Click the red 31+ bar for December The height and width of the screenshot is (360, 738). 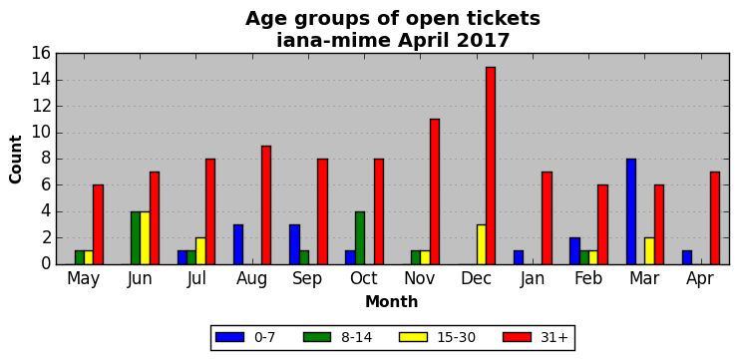[x=491, y=166]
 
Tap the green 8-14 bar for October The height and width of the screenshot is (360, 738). [x=361, y=238]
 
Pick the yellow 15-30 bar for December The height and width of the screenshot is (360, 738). [x=481, y=244]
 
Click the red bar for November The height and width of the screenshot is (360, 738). [x=435, y=192]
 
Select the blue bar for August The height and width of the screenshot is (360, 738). [x=238, y=244]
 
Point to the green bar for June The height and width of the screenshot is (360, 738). [x=136, y=238]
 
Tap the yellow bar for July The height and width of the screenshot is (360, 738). [x=201, y=251]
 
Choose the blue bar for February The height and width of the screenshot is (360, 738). [x=574, y=251]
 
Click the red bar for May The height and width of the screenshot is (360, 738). [x=98, y=225]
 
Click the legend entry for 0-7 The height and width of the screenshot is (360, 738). [x=245, y=337]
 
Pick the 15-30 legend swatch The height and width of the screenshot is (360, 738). [x=414, y=337]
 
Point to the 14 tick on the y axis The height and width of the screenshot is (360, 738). [x=42, y=81]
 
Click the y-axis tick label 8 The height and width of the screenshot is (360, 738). [x=46, y=160]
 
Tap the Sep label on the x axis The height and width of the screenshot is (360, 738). [x=308, y=278]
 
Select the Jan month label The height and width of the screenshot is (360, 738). [x=533, y=278]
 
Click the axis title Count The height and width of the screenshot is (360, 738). [x=16, y=160]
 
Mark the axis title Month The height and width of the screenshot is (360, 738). [x=392, y=301]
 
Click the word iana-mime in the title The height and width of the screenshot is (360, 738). [x=333, y=41]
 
